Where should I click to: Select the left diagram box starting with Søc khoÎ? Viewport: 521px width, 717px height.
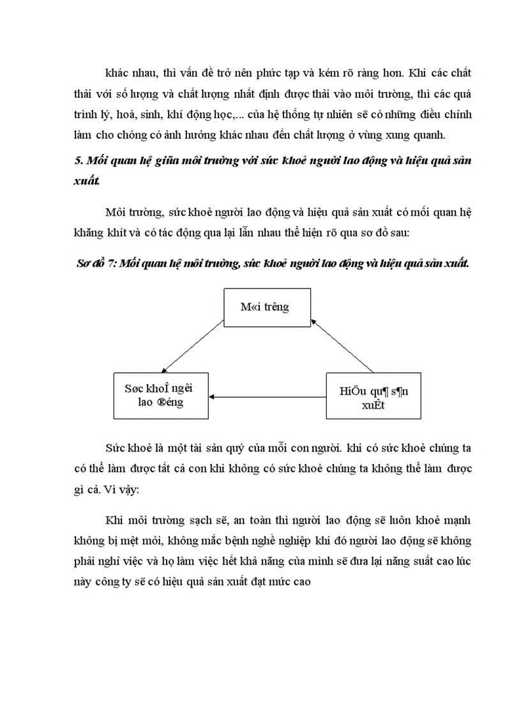[x=161, y=396]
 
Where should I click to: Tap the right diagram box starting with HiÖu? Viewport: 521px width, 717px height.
[x=373, y=396]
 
